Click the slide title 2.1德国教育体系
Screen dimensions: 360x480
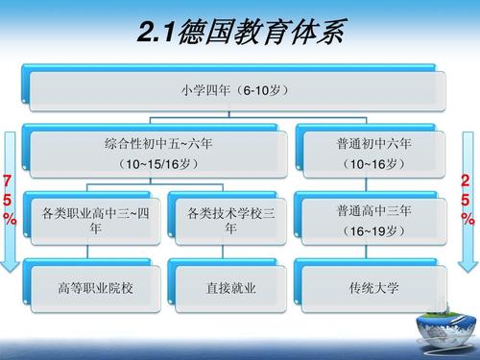point(239,35)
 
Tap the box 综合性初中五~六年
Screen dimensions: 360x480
point(158,153)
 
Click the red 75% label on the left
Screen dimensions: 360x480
point(10,200)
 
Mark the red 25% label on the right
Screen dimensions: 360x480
point(468,200)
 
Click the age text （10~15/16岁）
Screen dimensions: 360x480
point(158,164)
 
